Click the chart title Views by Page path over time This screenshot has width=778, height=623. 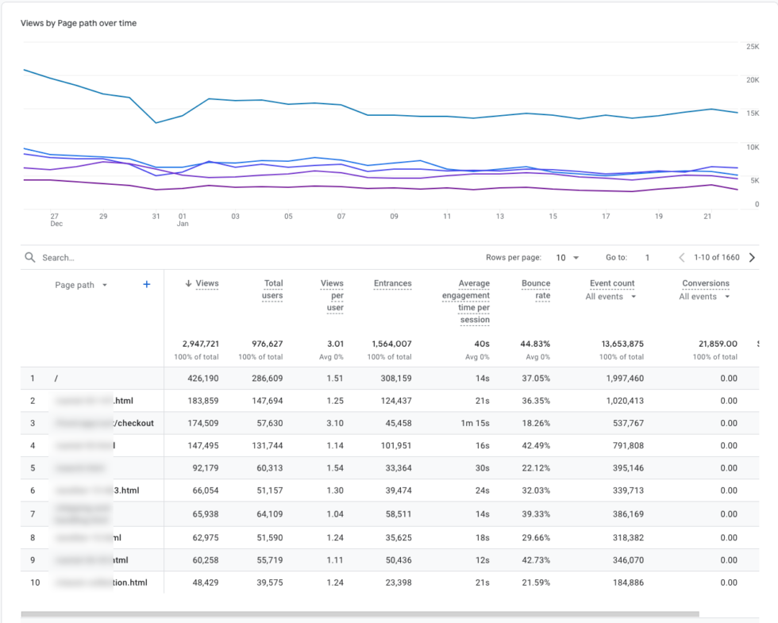point(79,23)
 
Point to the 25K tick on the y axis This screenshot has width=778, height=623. point(752,47)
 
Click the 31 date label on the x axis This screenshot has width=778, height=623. point(156,216)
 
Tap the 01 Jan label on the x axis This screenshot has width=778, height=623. point(183,219)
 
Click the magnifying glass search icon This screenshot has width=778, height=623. point(29,258)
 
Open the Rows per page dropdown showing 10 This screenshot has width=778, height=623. point(567,258)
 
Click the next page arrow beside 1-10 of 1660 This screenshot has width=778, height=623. point(752,258)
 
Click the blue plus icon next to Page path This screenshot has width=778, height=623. point(146,285)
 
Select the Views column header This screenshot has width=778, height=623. point(206,283)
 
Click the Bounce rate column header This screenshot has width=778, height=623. point(536,289)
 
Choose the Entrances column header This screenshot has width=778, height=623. point(393,283)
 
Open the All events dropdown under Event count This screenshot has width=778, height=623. point(611,297)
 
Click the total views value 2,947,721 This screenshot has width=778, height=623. point(200,344)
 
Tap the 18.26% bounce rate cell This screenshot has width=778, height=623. point(535,423)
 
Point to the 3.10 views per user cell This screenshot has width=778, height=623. point(334,423)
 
